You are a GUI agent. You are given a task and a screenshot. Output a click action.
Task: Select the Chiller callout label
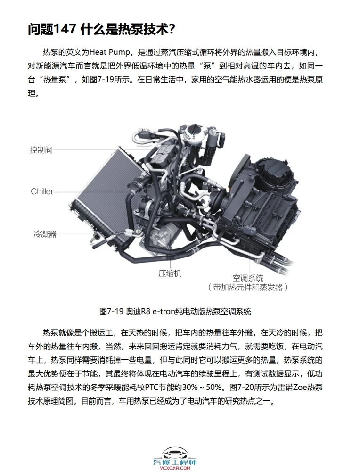(x=42, y=191)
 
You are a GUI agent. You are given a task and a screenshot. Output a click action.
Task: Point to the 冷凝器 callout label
(x=45, y=233)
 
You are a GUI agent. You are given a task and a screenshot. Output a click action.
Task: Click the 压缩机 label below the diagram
(x=170, y=273)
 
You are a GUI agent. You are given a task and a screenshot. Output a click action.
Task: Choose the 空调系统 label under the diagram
(x=247, y=277)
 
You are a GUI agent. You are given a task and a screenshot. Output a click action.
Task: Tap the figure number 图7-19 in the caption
(x=111, y=312)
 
